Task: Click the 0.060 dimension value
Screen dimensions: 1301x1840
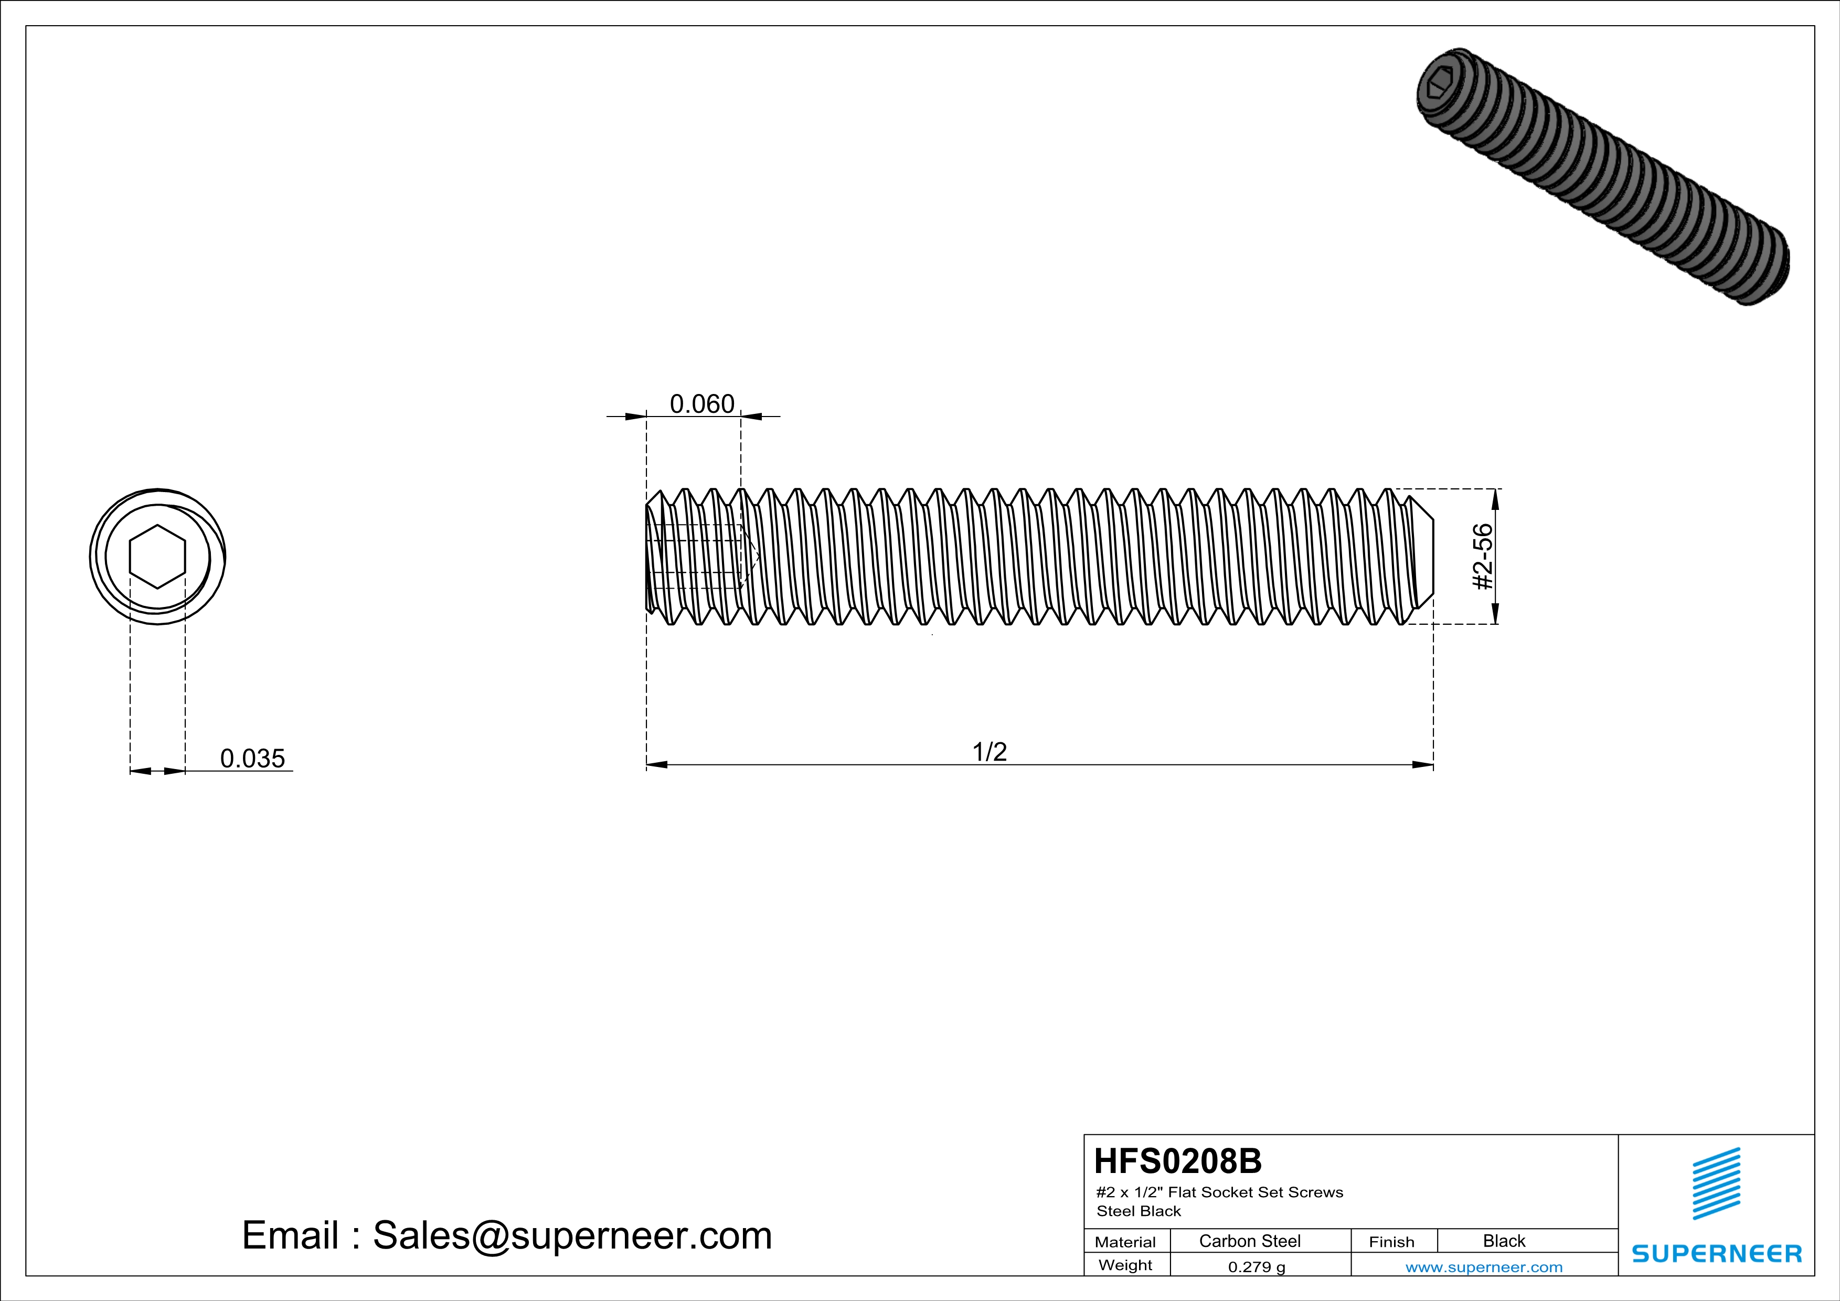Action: click(x=702, y=404)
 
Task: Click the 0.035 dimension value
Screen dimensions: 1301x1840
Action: click(x=252, y=759)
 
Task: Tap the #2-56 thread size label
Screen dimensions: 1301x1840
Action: click(x=1483, y=557)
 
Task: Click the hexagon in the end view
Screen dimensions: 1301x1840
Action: click(x=158, y=557)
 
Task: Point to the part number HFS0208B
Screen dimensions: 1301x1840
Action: click(x=1177, y=1161)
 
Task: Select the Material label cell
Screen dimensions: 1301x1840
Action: click(x=1125, y=1242)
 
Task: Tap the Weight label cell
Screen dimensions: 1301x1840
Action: click(x=1125, y=1265)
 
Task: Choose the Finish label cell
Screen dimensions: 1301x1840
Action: click(x=1391, y=1242)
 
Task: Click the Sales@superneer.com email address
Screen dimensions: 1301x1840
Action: click(x=572, y=1235)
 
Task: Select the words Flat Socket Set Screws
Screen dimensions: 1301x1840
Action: click(x=1255, y=1192)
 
